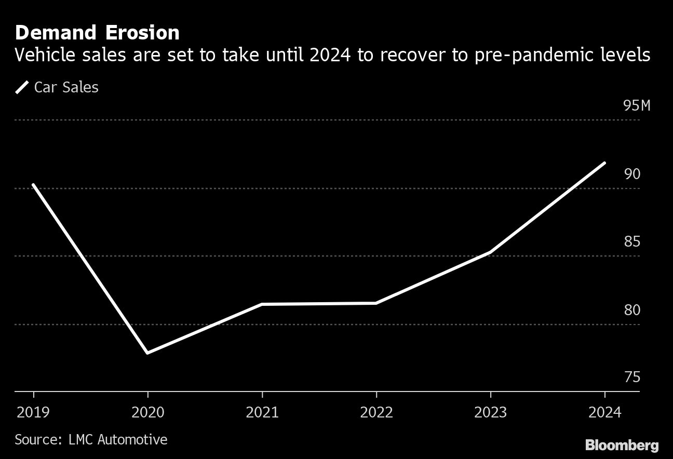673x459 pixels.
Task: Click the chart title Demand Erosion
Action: click(x=98, y=33)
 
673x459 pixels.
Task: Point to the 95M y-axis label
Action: click(x=637, y=106)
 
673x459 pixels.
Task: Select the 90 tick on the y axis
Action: click(x=632, y=174)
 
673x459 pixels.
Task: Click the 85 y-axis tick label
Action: click(x=632, y=242)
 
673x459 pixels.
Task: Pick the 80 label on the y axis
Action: click(x=632, y=310)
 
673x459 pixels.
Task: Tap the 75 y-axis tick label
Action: click(x=632, y=377)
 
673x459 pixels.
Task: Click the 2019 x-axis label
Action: click(x=34, y=412)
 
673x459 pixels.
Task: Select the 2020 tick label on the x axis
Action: click(x=148, y=412)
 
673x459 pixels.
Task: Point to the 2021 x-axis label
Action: click(x=262, y=412)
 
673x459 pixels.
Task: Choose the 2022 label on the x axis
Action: click(x=376, y=412)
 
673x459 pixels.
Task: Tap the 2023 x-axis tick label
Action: click(x=491, y=412)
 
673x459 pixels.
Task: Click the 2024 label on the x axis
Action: click(x=605, y=412)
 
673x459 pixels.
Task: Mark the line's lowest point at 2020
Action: click(x=148, y=353)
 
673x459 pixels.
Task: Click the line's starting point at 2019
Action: click(x=34, y=185)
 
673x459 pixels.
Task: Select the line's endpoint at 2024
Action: click(x=604, y=163)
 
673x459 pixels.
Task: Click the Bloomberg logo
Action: click(x=622, y=445)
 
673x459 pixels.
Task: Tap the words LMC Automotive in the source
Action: click(x=118, y=440)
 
